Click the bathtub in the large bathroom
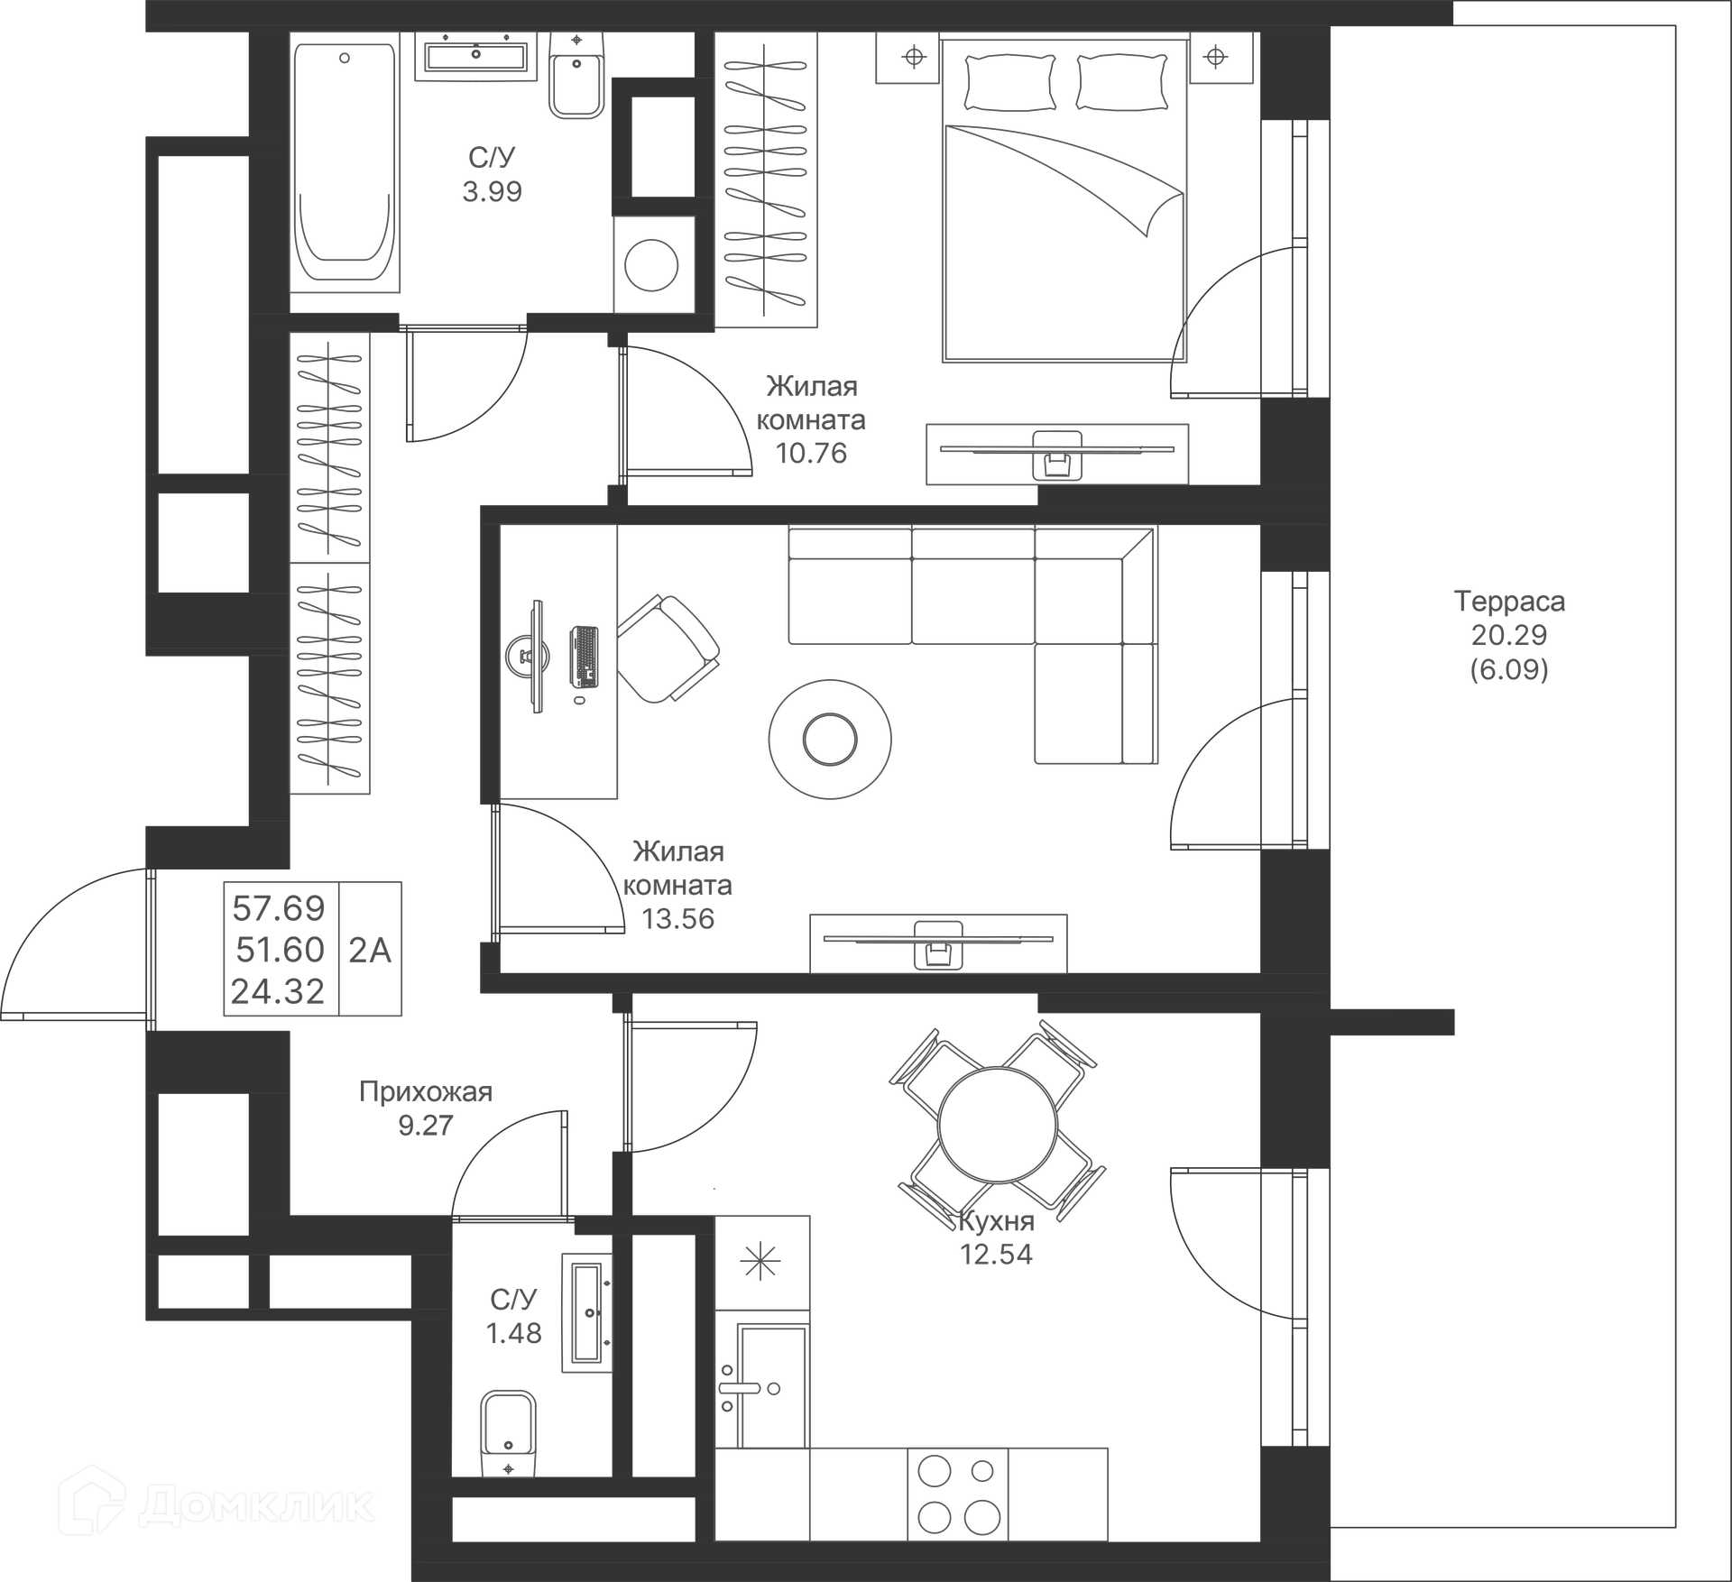coord(345,162)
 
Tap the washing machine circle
coord(651,265)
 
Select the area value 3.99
coord(492,191)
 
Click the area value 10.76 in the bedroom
coord(811,453)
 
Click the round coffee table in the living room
coord(830,739)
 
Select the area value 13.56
coord(677,919)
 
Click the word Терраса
coord(1509,602)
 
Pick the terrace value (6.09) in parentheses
coord(1509,669)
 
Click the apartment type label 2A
coord(370,950)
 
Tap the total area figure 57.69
coord(278,908)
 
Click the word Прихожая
coord(426,1092)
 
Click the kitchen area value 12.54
coord(996,1255)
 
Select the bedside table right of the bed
coord(1216,58)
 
